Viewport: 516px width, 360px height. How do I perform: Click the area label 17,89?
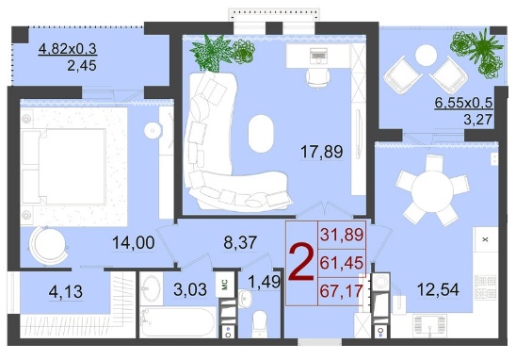[x=321, y=152]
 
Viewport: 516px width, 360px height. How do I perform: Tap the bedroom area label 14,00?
[x=134, y=243]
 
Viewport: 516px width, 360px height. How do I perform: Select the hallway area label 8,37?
[x=240, y=243]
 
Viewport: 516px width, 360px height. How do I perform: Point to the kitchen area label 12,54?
[x=438, y=289]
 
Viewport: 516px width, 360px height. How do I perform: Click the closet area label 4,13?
[x=66, y=292]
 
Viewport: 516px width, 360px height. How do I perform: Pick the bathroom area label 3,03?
[x=190, y=289]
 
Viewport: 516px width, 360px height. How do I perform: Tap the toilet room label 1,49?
[x=265, y=282]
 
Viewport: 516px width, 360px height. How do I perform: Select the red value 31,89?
[x=342, y=235]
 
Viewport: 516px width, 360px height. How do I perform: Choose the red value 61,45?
[x=342, y=263]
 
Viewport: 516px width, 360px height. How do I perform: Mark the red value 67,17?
[x=341, y=291]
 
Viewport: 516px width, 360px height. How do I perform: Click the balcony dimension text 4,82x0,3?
[x=67, y=49]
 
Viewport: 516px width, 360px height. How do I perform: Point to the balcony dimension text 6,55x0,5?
[x=463, y=103]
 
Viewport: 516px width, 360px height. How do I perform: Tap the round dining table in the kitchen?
[x=432, y=190]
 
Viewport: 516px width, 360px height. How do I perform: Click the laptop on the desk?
[x=318, y=56]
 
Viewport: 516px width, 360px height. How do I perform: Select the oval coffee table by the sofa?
[x=261, y=134]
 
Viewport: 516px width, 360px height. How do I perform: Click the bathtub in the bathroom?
[x=178, y=321]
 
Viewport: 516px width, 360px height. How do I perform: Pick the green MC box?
[x=225, y=284]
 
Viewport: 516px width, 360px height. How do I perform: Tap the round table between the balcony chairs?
[x=427, y=56]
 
